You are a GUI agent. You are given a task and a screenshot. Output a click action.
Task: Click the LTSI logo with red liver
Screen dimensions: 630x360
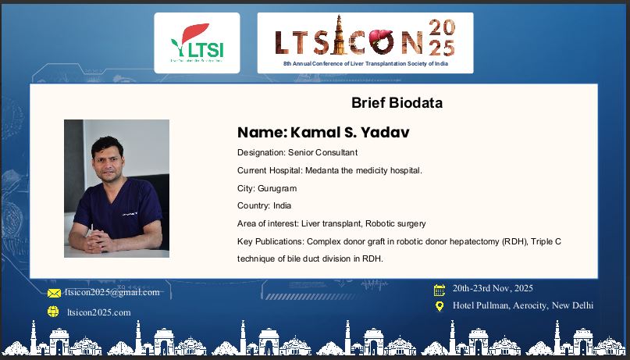tap(197, 43)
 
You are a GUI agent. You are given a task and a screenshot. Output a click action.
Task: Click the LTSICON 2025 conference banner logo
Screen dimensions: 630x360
tap(365, 43)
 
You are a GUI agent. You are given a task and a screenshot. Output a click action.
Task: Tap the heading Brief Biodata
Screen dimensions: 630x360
tap(397, 103)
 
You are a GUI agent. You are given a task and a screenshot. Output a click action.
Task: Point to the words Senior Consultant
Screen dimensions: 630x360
tap(322, 153)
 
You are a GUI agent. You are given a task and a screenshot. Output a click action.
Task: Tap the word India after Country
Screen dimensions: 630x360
tap(282, 205)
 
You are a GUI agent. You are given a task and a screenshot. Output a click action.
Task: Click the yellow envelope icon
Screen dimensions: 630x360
tap(54, 293)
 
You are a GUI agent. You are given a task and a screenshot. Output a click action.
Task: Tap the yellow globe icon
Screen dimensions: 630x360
tap(53, 312)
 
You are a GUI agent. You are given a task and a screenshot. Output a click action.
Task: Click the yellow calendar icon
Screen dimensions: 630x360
tap(440, 290)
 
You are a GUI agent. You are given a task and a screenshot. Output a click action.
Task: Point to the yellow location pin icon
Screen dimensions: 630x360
tap(440, 307)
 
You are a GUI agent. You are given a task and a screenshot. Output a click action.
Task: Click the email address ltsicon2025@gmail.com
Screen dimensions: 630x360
tap(112, 293)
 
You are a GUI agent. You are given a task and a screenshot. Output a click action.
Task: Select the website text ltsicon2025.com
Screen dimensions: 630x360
tap(99, 312)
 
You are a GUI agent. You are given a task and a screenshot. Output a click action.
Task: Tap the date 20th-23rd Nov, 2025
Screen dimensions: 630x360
tap(493, 288)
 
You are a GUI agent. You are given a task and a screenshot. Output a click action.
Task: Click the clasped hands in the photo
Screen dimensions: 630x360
tap(98, 242)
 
